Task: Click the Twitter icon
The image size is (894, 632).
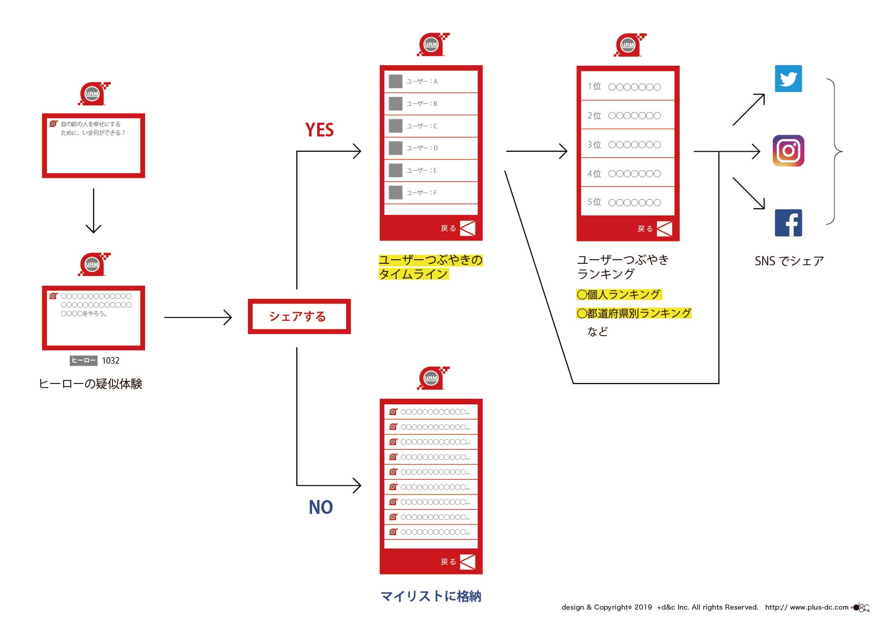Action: point(788,78)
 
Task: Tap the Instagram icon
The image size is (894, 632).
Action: point(788,151)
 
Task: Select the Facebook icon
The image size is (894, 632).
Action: point(788,223)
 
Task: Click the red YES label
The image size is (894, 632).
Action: point(319,130)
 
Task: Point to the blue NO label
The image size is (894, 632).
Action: point(320,507)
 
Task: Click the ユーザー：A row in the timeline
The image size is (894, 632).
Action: point(431,81)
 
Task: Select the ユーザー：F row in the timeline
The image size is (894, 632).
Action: point(431,193)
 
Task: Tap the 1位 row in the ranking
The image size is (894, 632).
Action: point(627,87)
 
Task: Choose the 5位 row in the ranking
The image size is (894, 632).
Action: point(627,202)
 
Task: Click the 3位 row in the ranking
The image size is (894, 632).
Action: point(627,145)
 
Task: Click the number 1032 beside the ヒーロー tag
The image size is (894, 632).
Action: point(110,361)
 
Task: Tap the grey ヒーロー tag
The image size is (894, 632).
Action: point(83,361)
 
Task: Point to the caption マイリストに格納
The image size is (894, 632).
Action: point(431,596)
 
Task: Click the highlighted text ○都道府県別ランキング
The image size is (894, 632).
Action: point(634,313)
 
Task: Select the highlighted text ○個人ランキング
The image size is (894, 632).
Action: point(619,294)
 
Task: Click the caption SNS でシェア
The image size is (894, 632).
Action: point(789,261)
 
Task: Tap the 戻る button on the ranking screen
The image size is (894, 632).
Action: point(655,229)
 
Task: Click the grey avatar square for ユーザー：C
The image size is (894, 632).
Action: point(396,126)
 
